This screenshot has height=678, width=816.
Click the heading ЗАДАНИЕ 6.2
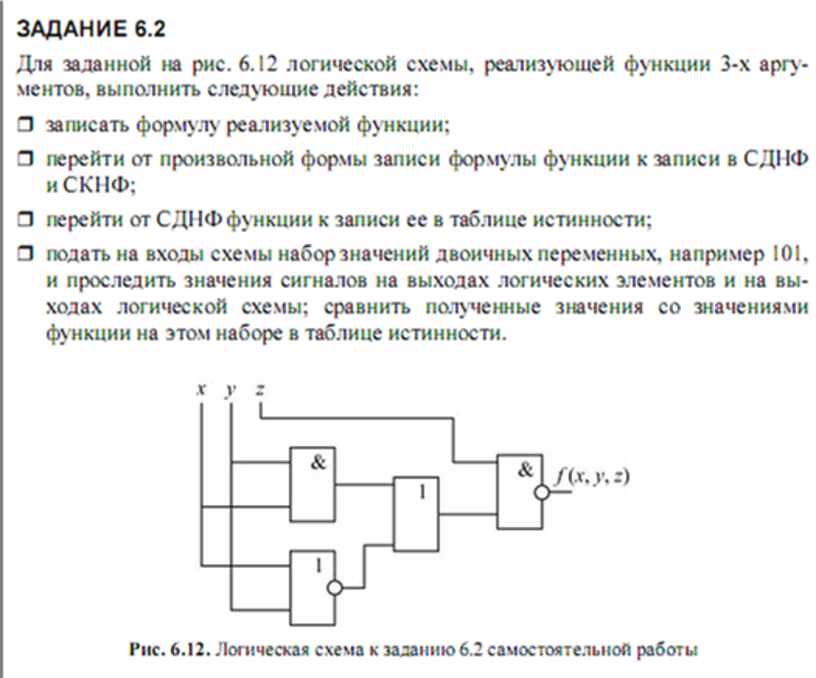click(91, 29)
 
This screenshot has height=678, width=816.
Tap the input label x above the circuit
click(201, 388)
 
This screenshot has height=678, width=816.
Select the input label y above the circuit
click(231, 390)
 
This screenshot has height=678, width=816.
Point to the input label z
click(260, 388)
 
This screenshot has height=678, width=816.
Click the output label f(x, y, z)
click(592, 476)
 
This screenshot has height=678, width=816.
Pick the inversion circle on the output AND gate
click(542, 492)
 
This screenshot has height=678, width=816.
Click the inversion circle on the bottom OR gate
click(335, 587)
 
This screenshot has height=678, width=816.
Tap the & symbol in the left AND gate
click(318, 462)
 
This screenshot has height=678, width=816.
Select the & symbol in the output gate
click(525, 470)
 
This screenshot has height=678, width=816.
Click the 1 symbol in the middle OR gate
click(423, 491)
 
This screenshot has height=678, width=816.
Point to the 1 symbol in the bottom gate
click(318, 565)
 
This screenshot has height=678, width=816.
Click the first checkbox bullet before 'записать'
click(25, 124)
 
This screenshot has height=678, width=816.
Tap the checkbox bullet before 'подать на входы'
click(25, 253)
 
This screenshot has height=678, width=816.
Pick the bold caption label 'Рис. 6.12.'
click(170, 649)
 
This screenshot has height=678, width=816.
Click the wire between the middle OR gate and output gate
click(467, 514)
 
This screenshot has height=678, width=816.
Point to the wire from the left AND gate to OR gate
click(364, 484)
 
